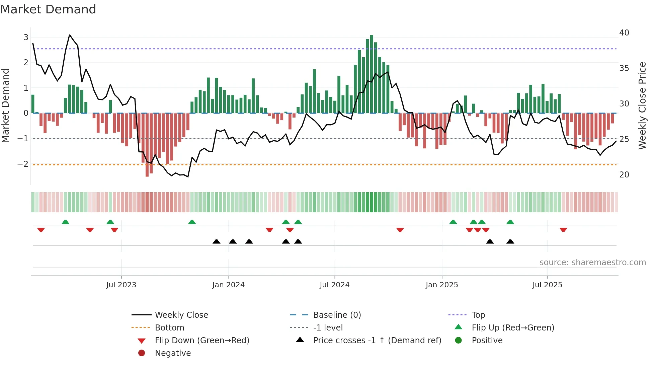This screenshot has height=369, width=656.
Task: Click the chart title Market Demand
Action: pyautogui.click(x=48, y=9)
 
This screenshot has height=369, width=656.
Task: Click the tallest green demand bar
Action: pyautogui.click(x=372, y=74)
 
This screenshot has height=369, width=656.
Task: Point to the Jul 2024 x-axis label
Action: pyautogui.click(x=334, y=285)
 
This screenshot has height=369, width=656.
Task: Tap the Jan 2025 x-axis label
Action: pyautogui.click(x=442, y=285)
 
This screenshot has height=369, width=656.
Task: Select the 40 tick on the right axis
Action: pyautogui.click(x=624, y=33)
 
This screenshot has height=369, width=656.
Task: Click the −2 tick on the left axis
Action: pyautogui.click(x=23, y=164)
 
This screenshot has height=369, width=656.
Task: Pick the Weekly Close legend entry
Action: pyautogui.click(x=181, y=315)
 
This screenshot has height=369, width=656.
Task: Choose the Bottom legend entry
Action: pyautogui.click(x=169, y=328)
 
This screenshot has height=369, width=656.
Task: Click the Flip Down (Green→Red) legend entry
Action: pyautogui.click(x=202, y=341)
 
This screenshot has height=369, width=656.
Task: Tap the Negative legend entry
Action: pyautogui.click(x=173, y=353)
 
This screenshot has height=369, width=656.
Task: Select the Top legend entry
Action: pyautogui.click(x=478, y=315)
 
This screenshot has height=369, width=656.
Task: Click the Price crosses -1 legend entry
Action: pyautogui.click(x=377, y=341)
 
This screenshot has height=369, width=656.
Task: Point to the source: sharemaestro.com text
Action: pyautogui.click(x=592, y=263)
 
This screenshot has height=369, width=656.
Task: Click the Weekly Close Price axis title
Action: pyautogui.click(x=642, y=105)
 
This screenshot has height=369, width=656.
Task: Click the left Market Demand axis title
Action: pyautogui.click(x=6, y=105)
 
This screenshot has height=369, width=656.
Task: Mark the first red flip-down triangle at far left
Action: pyautogui.click(x=41, y=230)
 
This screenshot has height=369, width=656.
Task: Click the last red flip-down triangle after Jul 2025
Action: pyautogui.click(x=563, y=230)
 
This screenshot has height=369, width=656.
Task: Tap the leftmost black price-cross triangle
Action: pyautogui.click(x=217, y=241)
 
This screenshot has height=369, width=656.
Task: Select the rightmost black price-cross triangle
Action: pyautogui.click(x=510, y=241)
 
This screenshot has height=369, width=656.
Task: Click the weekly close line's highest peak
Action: pyautogui.click(x=70, y=35)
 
